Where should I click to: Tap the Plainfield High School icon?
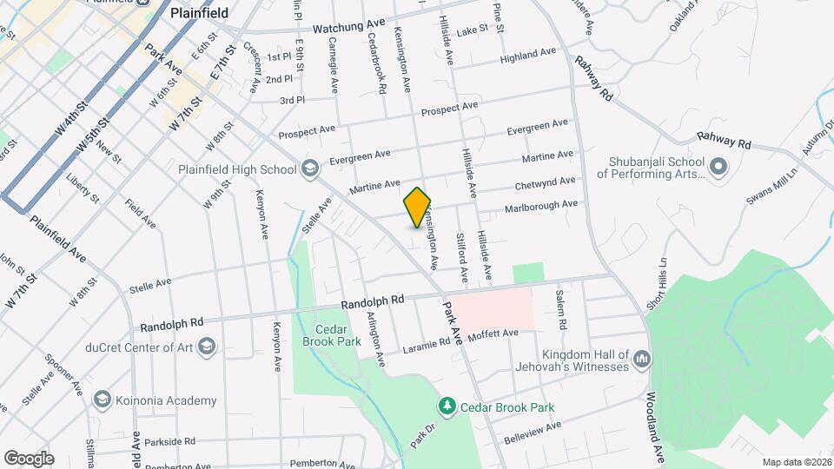click(x=308, y=168)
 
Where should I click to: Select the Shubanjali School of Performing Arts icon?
click(x=718, y=164)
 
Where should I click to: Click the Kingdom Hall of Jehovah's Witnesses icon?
click(x=642, y=357)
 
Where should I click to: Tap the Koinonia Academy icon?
click(x=102, y=400)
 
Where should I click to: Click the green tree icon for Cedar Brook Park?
click(x=447, y=406)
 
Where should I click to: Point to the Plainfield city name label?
click(x=199, y=13)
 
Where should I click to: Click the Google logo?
click(x=29, y=458)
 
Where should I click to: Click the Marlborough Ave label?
click(x=541, y=206)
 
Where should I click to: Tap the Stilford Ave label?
click(x=463, y=257)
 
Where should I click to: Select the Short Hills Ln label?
click(x=656, y=282)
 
